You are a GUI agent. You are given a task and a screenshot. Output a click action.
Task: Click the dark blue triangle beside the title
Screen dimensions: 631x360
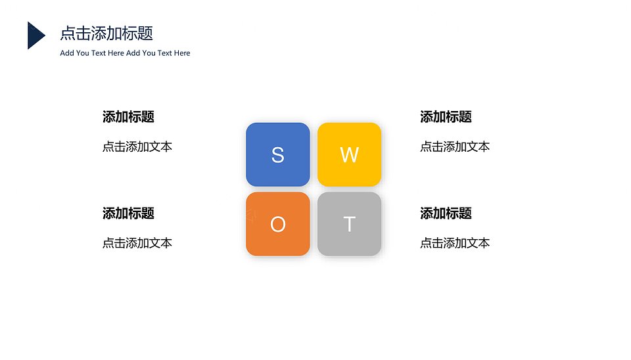coord(35,35)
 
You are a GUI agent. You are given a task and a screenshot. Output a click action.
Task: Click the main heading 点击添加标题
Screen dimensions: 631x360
coord(106,34)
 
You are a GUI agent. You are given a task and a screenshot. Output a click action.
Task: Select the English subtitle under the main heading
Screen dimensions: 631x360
coord(125,53)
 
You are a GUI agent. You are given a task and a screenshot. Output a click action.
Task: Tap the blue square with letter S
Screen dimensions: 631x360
coord(277,154)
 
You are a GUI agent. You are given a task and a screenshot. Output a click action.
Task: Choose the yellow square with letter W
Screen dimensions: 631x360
coord(349,154)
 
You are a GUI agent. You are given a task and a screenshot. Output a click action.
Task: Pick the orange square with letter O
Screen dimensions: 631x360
coord(277,224)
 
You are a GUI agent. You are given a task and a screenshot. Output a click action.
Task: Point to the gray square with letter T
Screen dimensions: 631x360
coord(349,224)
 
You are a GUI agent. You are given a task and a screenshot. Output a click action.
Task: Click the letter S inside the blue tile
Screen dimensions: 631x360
coord(277,155)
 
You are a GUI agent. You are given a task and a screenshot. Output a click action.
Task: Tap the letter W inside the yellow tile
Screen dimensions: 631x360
coord(349,155)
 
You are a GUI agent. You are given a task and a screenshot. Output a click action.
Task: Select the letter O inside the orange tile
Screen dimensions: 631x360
coord(277,225)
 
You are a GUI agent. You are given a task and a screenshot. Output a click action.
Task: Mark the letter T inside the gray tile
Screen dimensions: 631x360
coord(349,225)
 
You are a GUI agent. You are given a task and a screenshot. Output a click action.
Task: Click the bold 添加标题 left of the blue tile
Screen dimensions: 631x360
coord(128,117)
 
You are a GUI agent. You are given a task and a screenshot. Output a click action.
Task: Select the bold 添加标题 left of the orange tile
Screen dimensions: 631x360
coord(128,214)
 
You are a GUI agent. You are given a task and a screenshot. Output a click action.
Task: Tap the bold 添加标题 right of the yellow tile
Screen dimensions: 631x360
coord(446,117)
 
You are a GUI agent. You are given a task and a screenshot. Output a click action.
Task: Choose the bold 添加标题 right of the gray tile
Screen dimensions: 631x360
coord(446,214)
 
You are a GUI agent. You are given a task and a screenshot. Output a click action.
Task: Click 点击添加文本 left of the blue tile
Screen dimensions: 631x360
coord(137,146)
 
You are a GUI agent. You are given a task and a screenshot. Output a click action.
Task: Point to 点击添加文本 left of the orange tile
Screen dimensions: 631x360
coord(137,243)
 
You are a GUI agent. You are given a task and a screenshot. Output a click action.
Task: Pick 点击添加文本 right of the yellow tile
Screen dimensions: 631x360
coord(455,146)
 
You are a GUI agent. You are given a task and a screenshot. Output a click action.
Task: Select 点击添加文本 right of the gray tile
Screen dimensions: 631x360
coord(455,243)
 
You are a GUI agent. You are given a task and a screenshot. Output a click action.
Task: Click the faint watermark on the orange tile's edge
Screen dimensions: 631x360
coord(251,216)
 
